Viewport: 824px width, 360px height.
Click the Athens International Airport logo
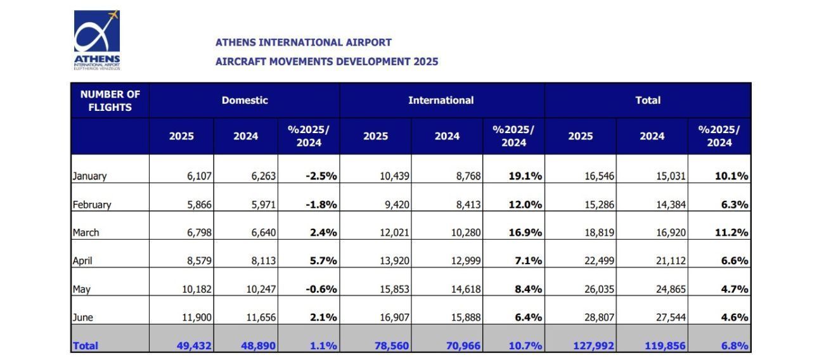click(96, 39)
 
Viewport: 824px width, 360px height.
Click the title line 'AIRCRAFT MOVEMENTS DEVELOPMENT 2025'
click(326, 61)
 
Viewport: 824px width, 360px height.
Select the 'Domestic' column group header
click(245, 100)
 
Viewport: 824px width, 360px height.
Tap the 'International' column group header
click(441, 100)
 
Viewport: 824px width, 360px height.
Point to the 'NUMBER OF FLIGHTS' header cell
click(110, 101)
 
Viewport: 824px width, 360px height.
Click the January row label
click(89, 176)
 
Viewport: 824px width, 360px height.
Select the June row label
click(84, 317)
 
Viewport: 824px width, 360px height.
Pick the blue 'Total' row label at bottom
click(86, 345)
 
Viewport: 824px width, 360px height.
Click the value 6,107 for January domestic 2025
click(198, 176)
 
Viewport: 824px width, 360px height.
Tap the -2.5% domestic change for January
click(321, 176)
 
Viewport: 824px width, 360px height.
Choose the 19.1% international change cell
click(525, 176)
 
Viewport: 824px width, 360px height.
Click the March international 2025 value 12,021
click(395, 233)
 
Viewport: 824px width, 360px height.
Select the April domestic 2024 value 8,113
click(262, 260)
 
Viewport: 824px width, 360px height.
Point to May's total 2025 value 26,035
click(600, 289)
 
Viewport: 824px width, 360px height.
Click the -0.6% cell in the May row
click(321, 289)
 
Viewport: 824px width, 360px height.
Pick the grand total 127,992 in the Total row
click(593, 345)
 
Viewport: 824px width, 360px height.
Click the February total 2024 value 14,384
click(671, 205)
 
